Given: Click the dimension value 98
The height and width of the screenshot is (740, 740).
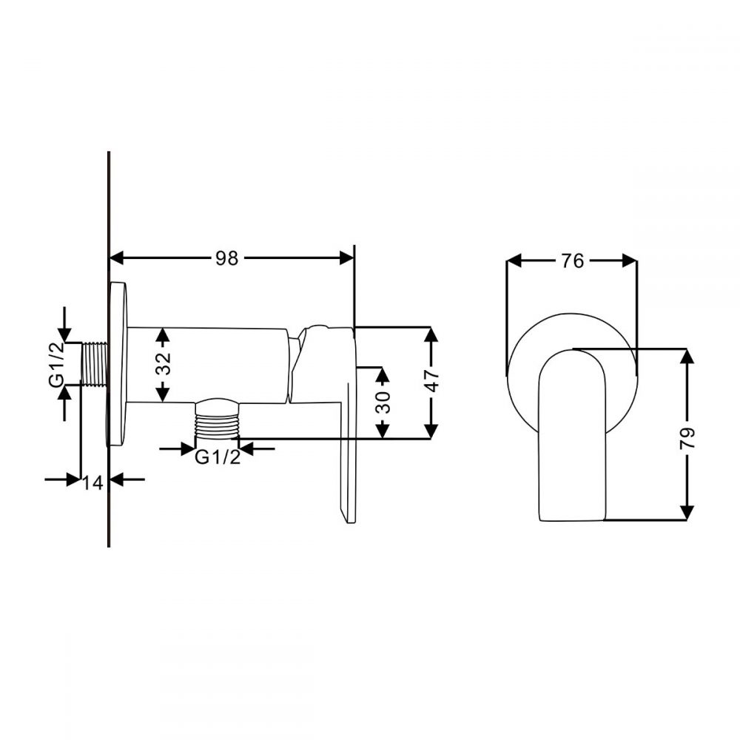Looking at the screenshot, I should coord(227,258).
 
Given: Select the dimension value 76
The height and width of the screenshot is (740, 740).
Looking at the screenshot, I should coord(572,261).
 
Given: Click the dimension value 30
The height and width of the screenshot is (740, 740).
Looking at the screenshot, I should coord(383,402).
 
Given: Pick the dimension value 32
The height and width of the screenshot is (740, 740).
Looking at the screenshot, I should coord(164,364).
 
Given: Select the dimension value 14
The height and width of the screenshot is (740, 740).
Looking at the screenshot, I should coord(93,482).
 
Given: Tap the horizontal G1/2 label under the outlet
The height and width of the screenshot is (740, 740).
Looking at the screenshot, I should coord(218,458).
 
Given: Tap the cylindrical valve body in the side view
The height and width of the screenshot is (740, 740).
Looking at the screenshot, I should coord(207,365).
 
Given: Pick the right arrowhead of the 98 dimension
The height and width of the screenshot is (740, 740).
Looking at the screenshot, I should coord(346,258).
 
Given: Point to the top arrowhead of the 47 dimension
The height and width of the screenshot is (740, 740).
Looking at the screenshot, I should coord(433,334).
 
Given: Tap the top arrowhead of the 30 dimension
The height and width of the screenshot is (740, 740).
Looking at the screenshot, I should coord(383,374).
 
